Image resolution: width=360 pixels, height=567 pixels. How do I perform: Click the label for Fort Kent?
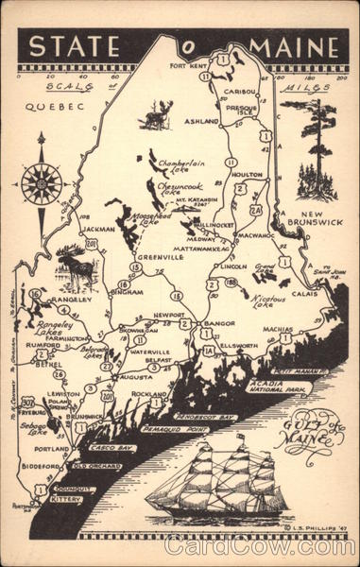tap(187, 66)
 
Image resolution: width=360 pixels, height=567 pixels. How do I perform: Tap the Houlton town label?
tap(246, 175)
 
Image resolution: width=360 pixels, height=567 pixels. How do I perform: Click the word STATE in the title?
tap(72, 47)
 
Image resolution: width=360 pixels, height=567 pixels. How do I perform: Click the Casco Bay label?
tap(111, 448)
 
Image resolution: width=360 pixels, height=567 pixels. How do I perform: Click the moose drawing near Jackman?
tap(76, 266)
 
